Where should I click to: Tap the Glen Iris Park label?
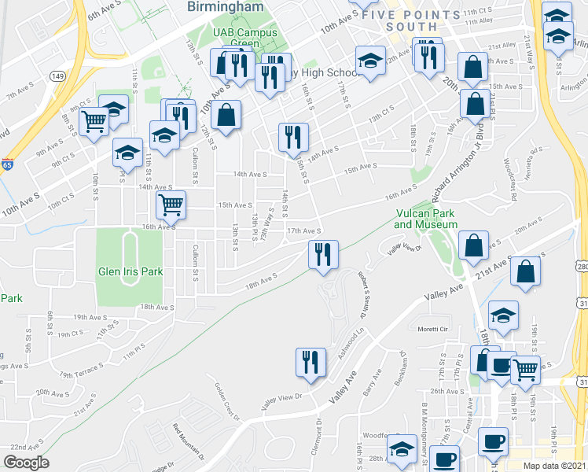(x=130, y=271)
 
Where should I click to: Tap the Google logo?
(x=26, y=463)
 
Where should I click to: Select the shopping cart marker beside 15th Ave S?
(x=171, y=205)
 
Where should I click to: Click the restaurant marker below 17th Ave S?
(x=322, y=254)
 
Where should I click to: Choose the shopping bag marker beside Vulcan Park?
(x=473, y=246)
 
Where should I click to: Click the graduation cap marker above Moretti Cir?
(x=502, y=315)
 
